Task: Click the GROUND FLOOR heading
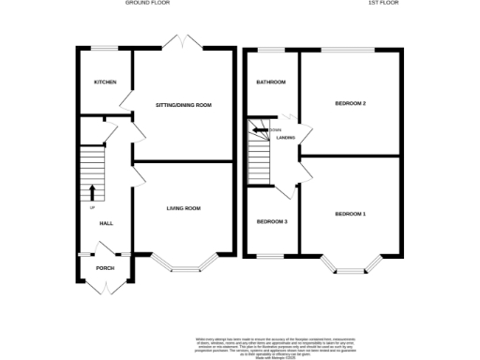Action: pyautogui.click(x=148, y=4)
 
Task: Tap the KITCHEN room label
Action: pyautogui.click(x=105, y=82)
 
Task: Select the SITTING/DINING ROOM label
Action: pyautogui.click(x=182, y=105)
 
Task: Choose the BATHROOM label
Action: pyautogui.click(x=272, y=82)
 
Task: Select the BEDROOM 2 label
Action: pyautogui.click(x=350, y=103)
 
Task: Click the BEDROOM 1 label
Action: pyautogui.click(x=350, y=215)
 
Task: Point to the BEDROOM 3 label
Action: pyautogui.click(x=272, y=221)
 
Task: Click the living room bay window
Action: pyautogui.click(x=185, y=265)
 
